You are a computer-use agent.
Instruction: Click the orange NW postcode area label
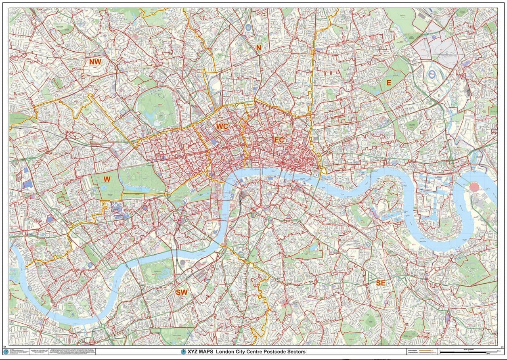pos(95,62)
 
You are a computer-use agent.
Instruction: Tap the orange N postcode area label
pos(259,48)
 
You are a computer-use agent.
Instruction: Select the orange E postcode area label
pos(389,83)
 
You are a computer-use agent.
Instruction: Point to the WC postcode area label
pos(222,126)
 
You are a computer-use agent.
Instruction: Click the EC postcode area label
pos(279,140)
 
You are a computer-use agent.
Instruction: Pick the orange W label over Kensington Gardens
pos(107,179)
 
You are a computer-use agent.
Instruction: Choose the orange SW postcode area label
pos(182,292)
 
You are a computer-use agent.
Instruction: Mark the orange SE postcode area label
pos(381,283)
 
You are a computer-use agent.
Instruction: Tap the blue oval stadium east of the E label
pos(432,74)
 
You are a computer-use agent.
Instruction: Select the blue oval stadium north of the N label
pos(247,28)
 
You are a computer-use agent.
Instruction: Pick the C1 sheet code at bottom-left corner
pos(4,347)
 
